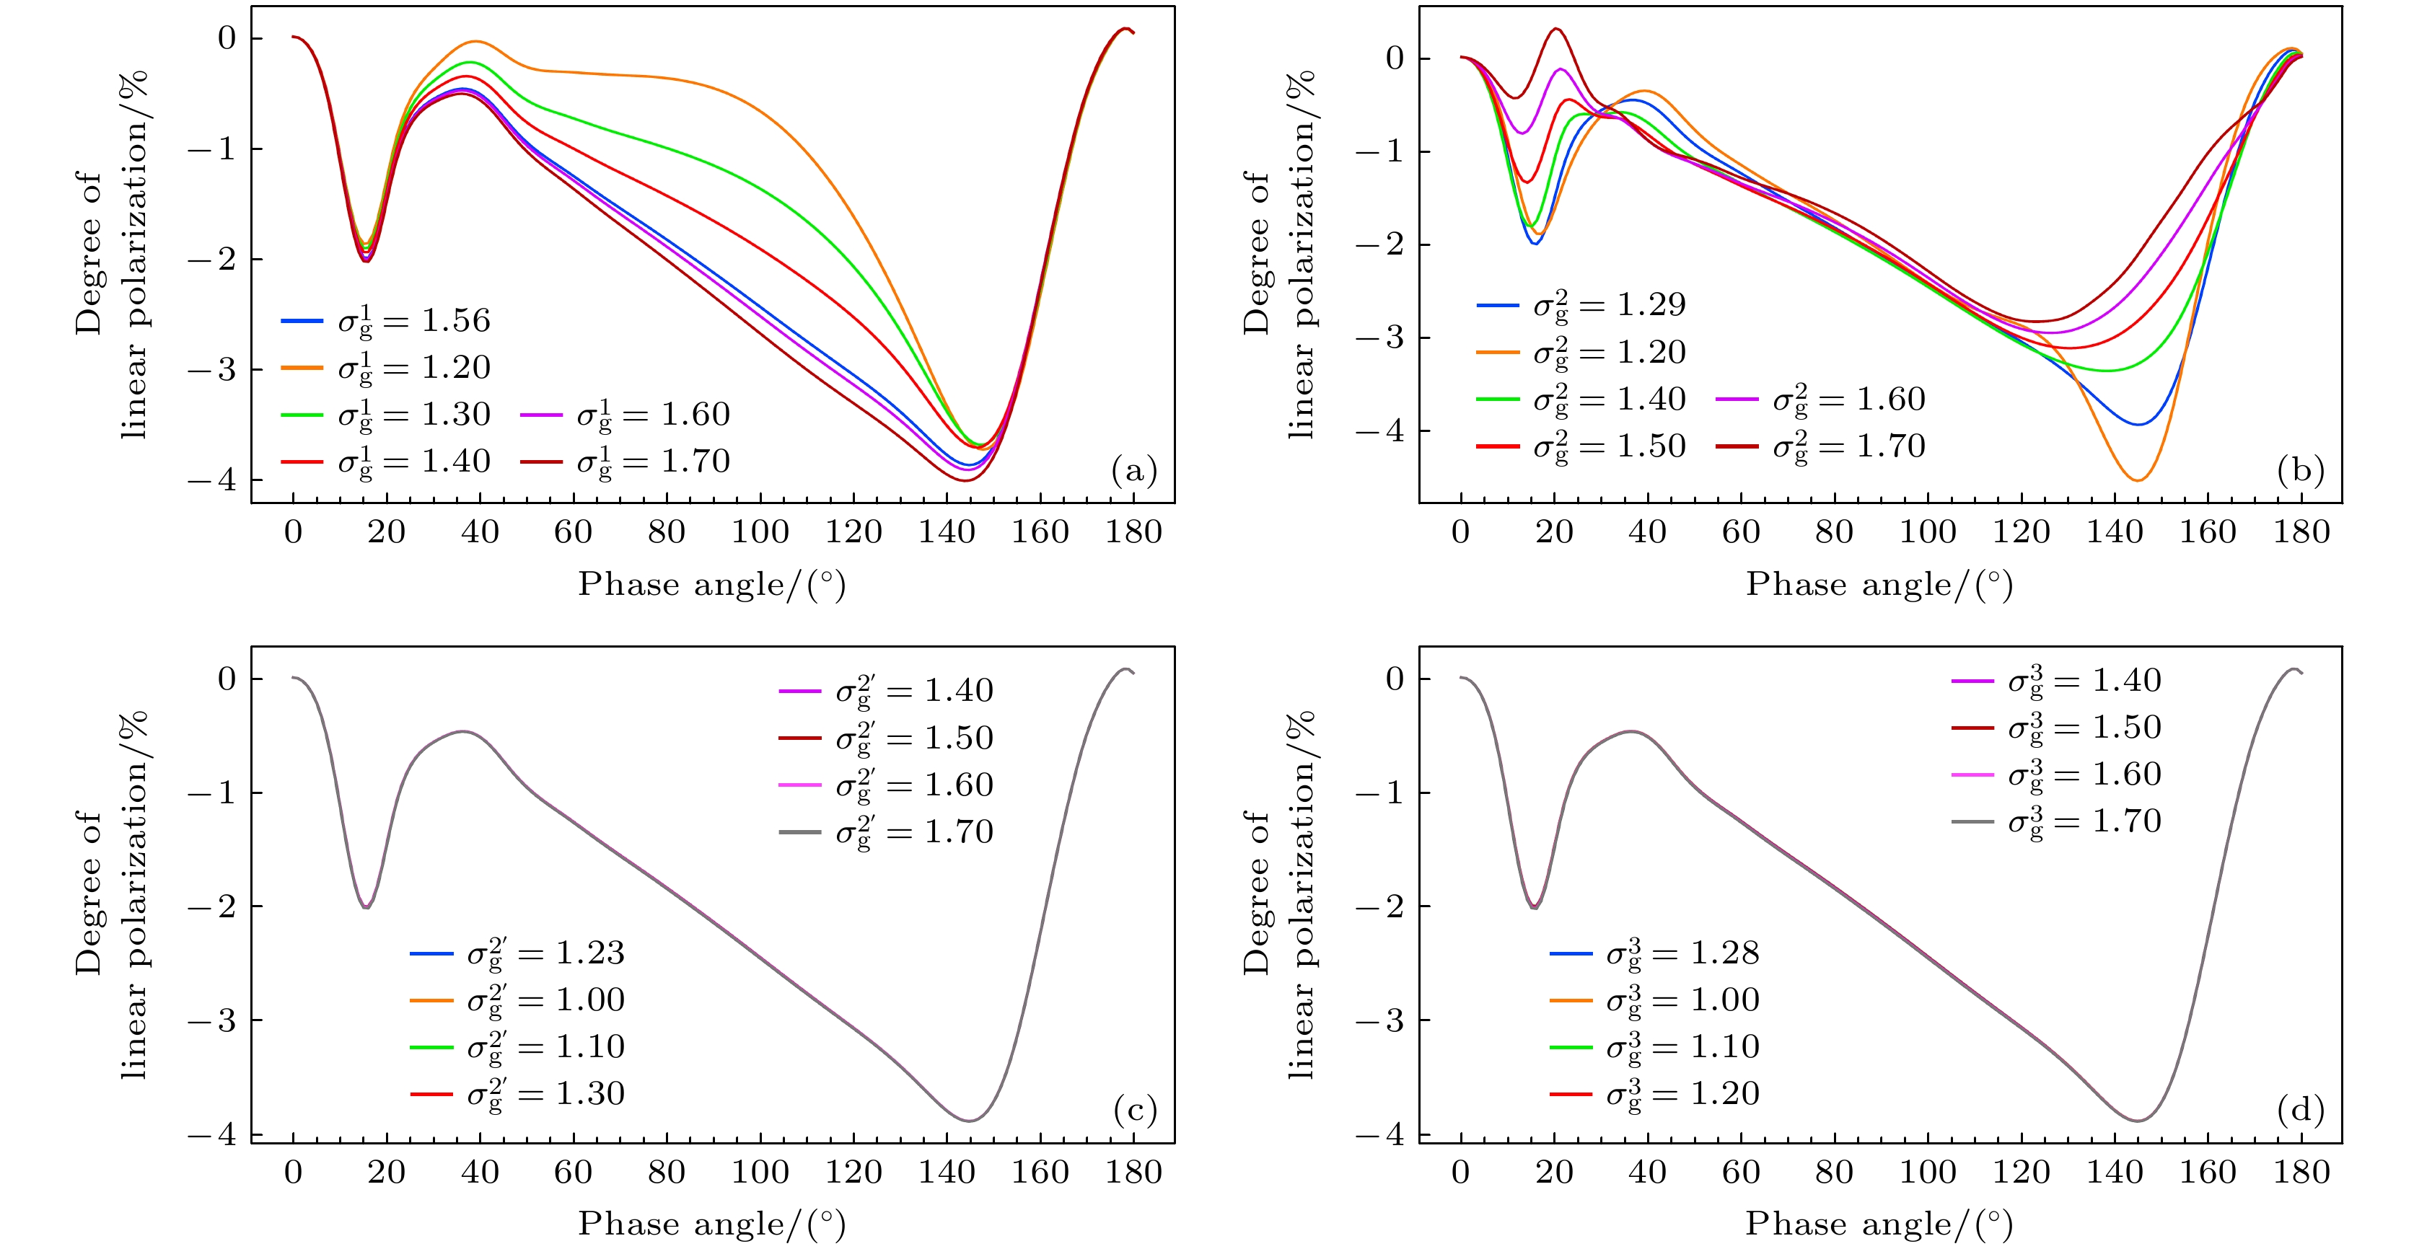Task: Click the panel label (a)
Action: [x=1133, y=469]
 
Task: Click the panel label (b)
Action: [x=2301, y=469]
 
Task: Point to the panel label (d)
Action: [x=2301, y=1111]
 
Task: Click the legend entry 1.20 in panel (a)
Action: [x=386, y=367]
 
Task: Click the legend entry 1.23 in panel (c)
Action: [x=517, y=953]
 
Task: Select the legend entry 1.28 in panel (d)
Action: [x=1655, y=953]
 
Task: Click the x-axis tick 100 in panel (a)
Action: [x=760, y=532]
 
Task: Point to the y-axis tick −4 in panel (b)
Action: [x=1382, y=431]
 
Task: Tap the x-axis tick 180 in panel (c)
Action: [x=1133, y=1172]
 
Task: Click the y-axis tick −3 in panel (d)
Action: [x=1382, y=1020]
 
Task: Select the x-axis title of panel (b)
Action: [x=1879, y=585]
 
